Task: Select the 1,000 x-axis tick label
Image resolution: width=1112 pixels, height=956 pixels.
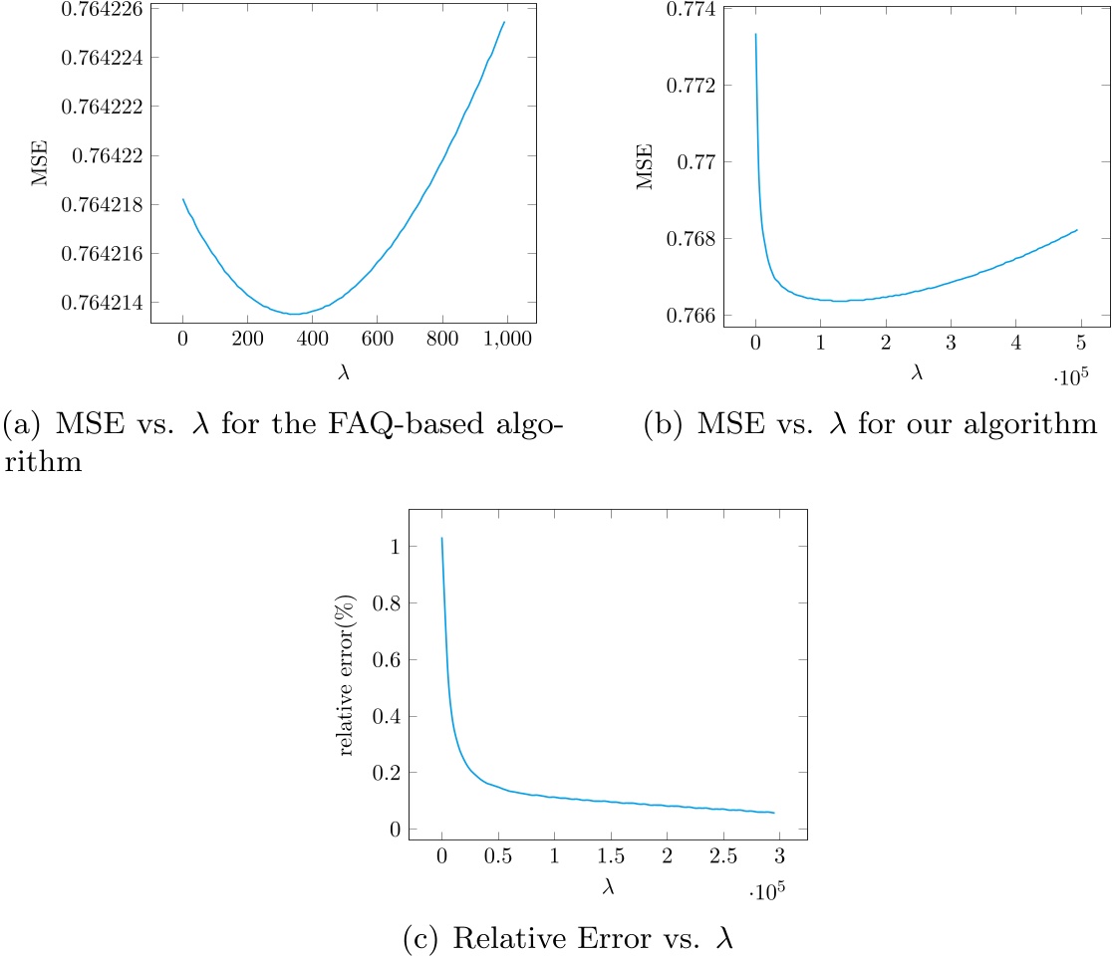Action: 507,339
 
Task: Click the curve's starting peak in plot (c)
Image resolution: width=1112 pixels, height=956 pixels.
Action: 441,539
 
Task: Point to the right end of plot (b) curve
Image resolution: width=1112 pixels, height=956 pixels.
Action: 1078,230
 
